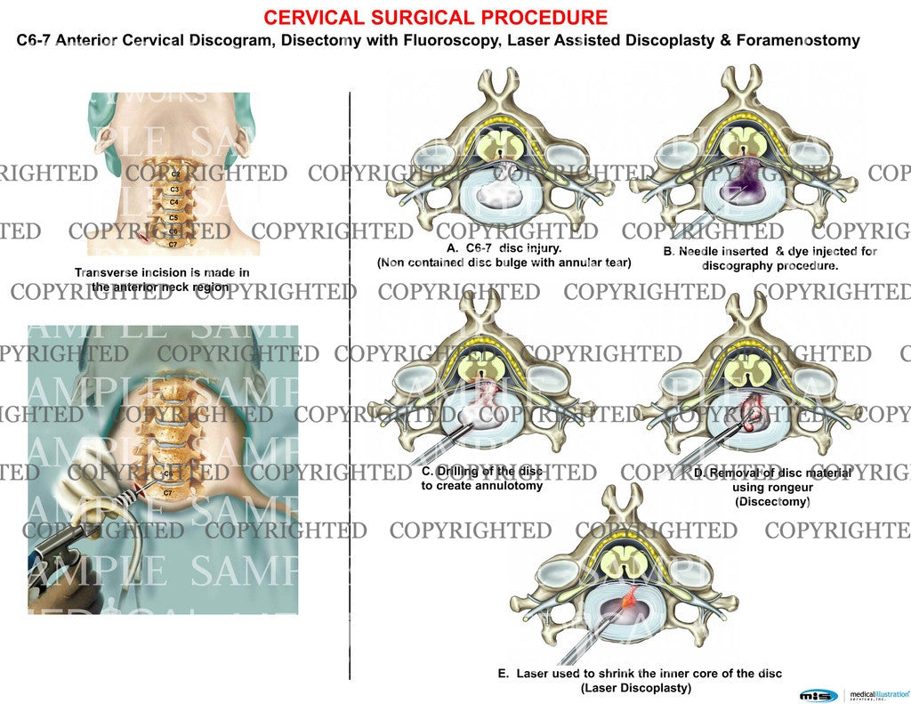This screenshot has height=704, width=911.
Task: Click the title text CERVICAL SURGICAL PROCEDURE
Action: (436, 17)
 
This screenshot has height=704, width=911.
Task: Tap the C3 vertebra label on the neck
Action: (175, 190)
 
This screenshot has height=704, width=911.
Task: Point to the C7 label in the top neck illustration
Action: (174, 244)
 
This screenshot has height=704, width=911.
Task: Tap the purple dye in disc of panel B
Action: (746, 184)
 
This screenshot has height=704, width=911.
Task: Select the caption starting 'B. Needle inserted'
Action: (770, 252)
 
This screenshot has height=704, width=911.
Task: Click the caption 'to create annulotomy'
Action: (480, 486)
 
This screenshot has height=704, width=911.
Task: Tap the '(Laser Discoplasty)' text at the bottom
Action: (635, 688)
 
